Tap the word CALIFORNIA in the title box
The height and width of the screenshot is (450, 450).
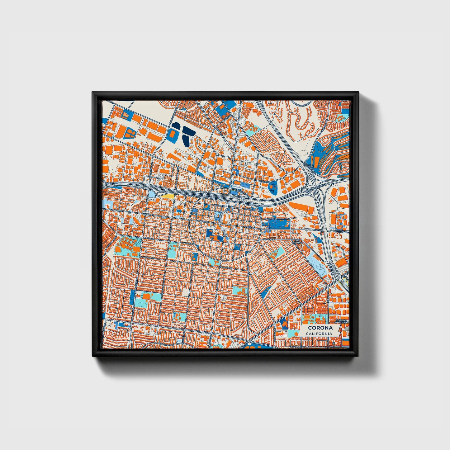pos(319,334)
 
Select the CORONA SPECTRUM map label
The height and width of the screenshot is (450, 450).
pos(342,321)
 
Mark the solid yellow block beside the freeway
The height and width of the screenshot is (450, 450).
pos(167,196)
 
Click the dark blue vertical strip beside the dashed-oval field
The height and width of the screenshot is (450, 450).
pos(132,298)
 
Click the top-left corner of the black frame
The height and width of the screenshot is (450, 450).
pos(93,92)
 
